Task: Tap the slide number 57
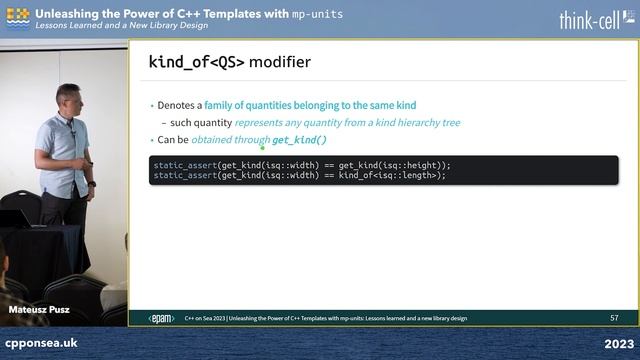coord(614,318)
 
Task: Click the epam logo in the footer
coord(161,318)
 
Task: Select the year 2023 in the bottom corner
coord(617,343)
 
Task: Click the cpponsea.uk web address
coord(42,343)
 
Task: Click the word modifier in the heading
coord(280,62)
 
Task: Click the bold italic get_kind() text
coord(299,140)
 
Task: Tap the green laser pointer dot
coord(262,146)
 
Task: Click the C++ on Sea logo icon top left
coord(17,16)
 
